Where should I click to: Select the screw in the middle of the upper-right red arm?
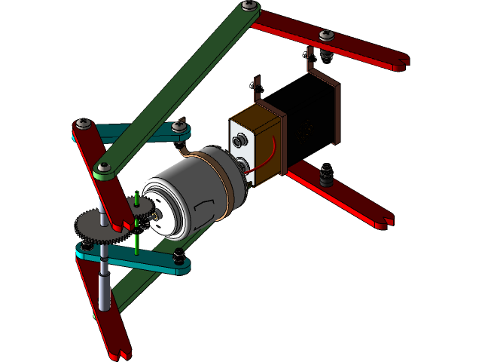point(326,35)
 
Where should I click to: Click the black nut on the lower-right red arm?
point(326,176)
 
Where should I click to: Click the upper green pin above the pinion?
point(136,200)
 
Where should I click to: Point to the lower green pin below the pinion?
point(136,243)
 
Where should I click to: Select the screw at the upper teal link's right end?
point(178,127)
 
